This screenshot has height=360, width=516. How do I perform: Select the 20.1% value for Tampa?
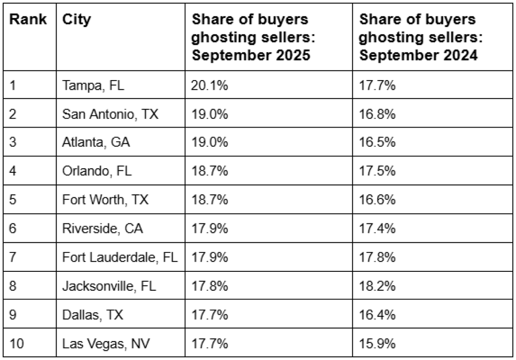(x=210, y=85)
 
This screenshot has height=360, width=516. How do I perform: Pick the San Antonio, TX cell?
(x=110, y=114)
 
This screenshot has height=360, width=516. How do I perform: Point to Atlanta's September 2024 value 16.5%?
(x=379, y=142)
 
